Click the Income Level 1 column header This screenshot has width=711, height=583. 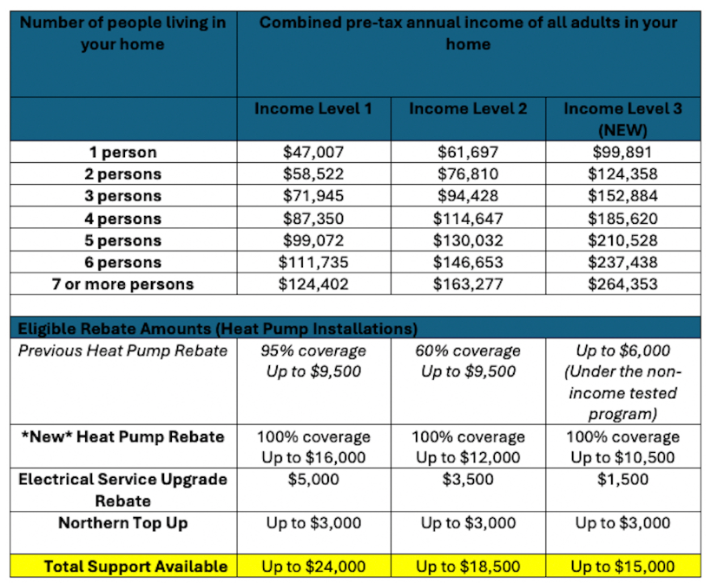tap(313, 108)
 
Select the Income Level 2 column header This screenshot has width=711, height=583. tap(468, 108)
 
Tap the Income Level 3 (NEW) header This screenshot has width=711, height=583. tap(622, 119)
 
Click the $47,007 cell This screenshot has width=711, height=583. tap(313, 152)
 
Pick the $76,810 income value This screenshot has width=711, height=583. tap(468, 174)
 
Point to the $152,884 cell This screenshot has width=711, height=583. tap(622, 196)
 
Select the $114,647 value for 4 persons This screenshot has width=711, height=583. tap(468, 219)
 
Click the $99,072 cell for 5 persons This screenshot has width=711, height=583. tap(313, 240)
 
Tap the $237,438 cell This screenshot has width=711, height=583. tap(622, 262)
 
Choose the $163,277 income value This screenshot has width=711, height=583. tap(468, 284)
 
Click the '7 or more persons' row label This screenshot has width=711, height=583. tap(123, 284)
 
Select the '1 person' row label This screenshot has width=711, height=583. tap(123, 152)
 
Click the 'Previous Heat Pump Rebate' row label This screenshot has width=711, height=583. tap(123, 350)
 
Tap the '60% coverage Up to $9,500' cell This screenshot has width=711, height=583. tap(468, 361)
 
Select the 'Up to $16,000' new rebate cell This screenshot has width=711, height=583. tap(313, 457)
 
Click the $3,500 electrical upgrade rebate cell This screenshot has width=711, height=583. tap(468, 479)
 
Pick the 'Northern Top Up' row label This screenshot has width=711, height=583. tap(123, 523)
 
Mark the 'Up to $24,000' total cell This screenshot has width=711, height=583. tap(313, 567)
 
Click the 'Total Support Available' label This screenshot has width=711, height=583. tap(135, 567)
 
